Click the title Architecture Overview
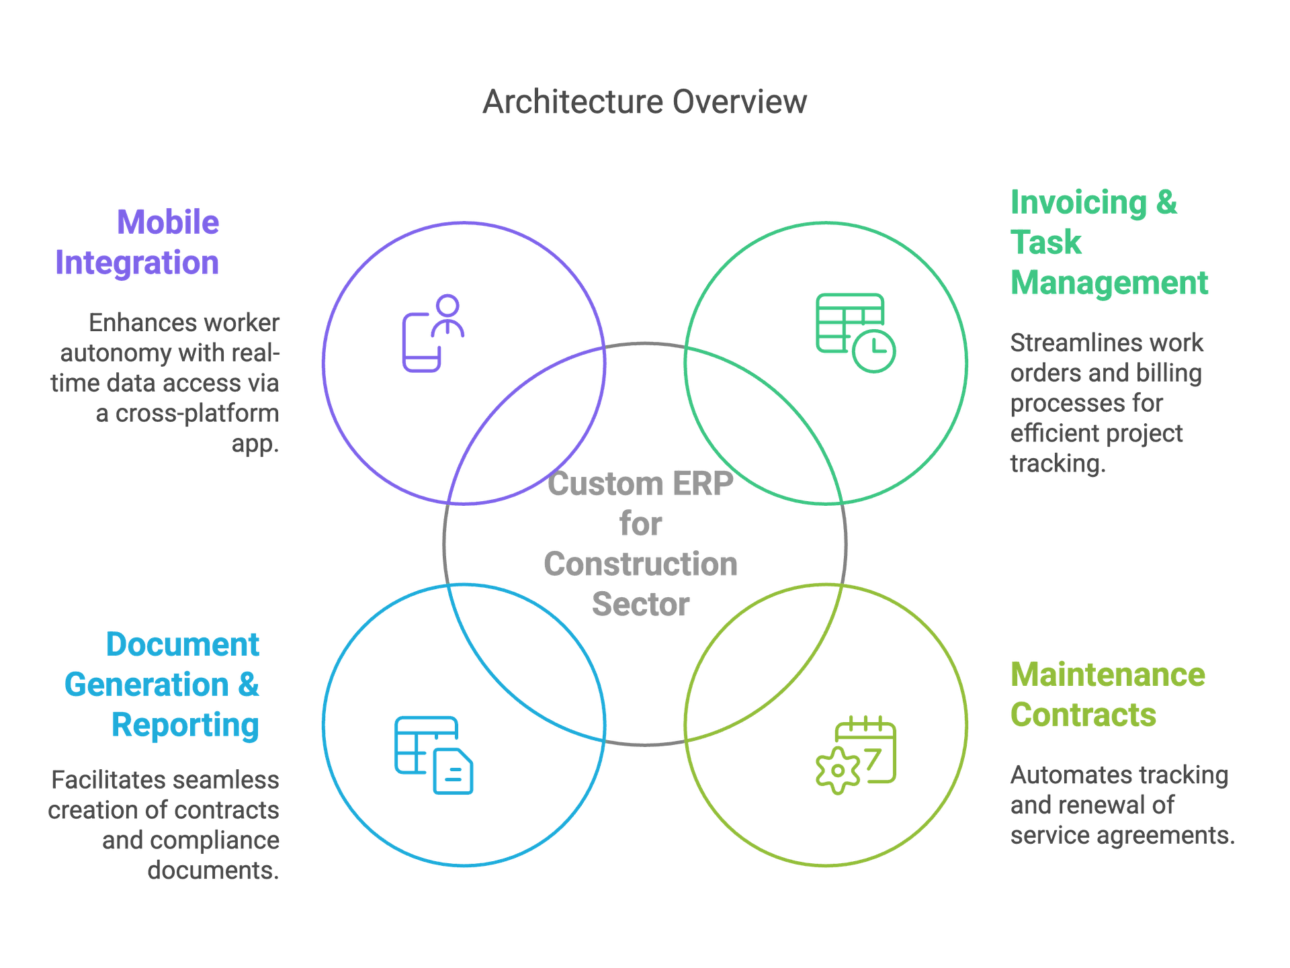644,102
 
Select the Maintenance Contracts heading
1107,695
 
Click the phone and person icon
433,333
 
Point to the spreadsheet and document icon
434,754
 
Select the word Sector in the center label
640,605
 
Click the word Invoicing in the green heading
1078,203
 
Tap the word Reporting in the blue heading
185,725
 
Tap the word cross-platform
197,413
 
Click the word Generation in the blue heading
146,685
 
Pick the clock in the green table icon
873,351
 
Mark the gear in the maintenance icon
836,771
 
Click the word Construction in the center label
640,564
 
